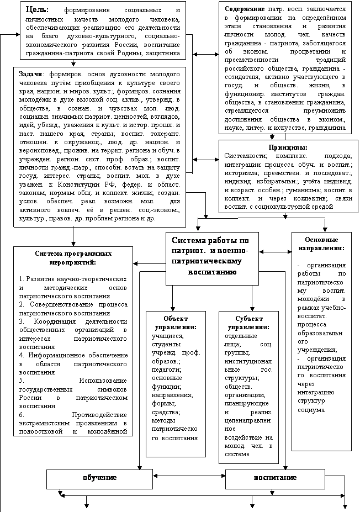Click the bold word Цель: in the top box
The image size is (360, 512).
[37, 10]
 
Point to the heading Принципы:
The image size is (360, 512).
[288, 147]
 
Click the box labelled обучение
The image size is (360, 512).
[99, 477]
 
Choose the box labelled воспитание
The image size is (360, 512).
[275, 477]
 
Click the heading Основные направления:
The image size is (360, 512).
[321, 244]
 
